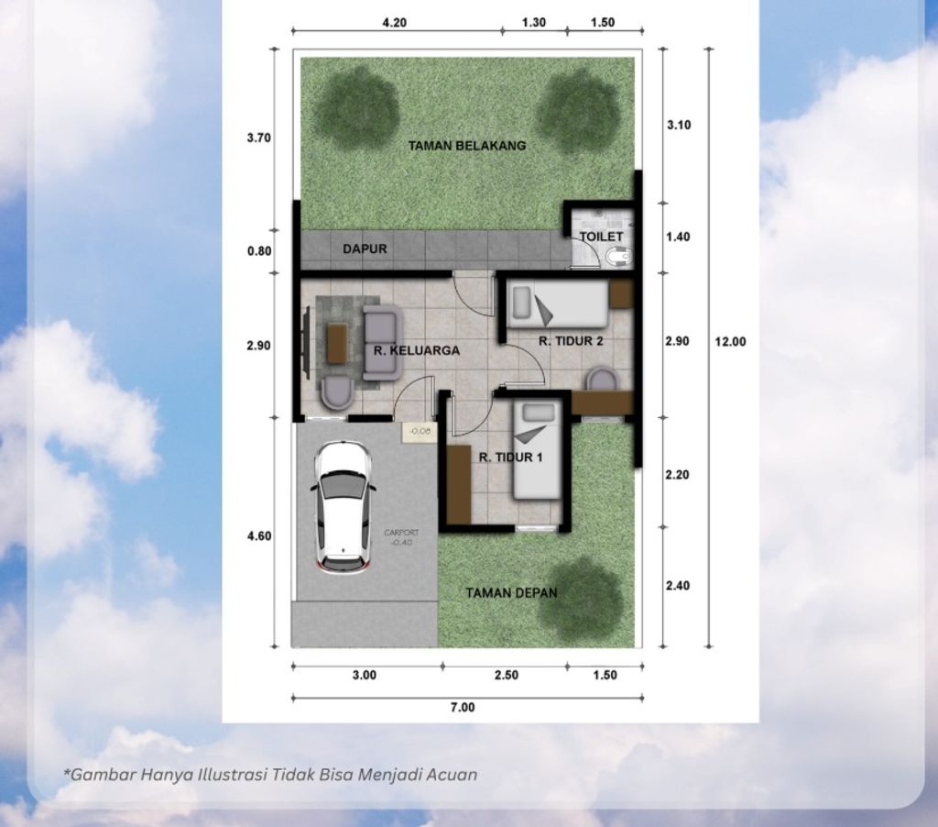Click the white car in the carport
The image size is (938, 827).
point(344,507)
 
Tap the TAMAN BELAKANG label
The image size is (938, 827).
point(467,145)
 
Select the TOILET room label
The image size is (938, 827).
point(601,237)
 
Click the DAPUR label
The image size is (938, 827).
point(365,248)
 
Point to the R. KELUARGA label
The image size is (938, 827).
point(417,350)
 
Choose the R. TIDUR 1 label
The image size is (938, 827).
point(510,455)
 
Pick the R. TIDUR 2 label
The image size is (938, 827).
point(571,341)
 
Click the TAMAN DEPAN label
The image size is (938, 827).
point(511,592)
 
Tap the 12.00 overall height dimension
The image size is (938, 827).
point(730,341)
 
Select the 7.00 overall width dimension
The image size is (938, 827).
point(463,707)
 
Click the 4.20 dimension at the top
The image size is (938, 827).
point(394,23)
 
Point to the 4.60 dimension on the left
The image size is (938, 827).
point(260,535)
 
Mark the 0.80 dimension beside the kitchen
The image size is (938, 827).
point(260,249)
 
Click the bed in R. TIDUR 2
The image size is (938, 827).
point(557,304)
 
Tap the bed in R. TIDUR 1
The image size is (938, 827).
point(537,449)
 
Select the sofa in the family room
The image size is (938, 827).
point(381,343)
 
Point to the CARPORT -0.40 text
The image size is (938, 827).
point(401,535)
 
